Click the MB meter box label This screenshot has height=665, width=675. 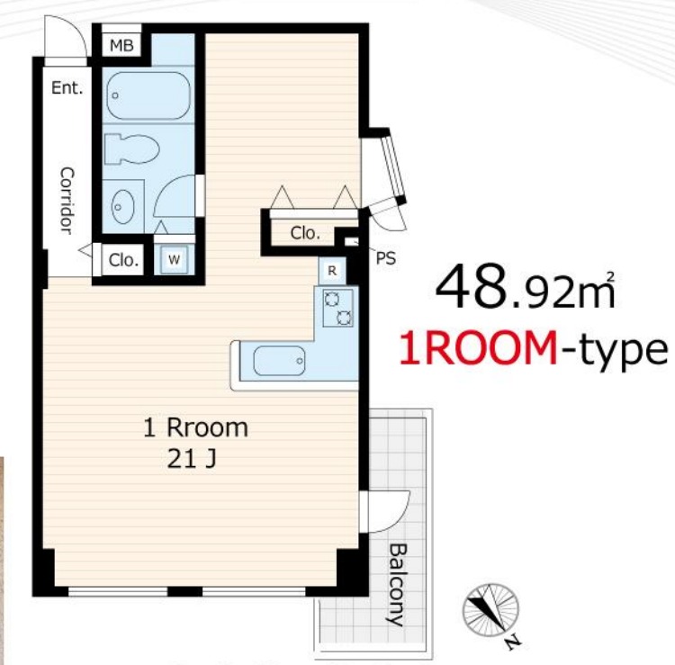[121, 45]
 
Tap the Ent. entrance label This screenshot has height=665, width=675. [67, 88]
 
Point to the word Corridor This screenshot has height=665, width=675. [67, 201]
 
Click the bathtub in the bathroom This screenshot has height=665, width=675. [148, 95]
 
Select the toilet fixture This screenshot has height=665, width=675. [131, 148]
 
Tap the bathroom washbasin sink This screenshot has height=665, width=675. [122, 207]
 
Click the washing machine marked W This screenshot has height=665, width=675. [174, 259]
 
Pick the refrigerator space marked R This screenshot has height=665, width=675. [332, 271]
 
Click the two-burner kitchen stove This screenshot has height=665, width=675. [337, 308]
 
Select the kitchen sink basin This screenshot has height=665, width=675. [279, 361]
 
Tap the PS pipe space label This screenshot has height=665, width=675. [386, 258]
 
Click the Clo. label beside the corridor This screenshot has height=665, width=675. [123, 260]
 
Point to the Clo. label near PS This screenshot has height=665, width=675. [305, 233]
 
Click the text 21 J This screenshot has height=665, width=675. [191, 460]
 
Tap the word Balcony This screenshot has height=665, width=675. [398, 585]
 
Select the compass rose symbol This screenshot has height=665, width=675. [490, 610]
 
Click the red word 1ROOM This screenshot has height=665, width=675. [478, 348]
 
